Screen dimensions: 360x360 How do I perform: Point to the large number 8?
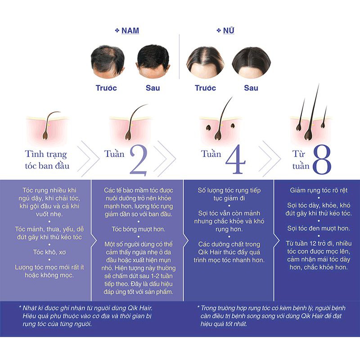[x=321, y=160]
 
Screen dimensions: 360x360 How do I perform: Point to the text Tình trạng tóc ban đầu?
[x=46, y=160]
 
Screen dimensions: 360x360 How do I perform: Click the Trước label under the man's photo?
[x=106, y=88]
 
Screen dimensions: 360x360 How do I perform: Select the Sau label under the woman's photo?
[x=251, y=88]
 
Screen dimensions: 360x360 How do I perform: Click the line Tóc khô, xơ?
[x=46, y=251]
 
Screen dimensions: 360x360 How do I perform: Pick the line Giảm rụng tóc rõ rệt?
[x=318, y=190]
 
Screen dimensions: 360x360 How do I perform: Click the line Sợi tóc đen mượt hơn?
[x=318, y=228]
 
